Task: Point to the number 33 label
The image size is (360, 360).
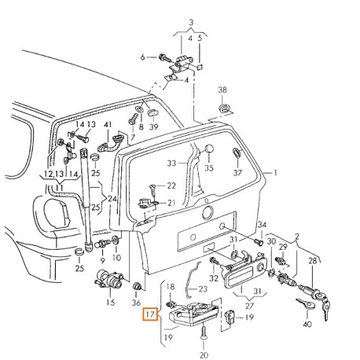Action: (172, 163)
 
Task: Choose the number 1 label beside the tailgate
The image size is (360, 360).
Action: (276, 171)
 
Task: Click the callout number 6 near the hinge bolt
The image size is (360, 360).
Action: (143, 57)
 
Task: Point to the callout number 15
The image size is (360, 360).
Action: (110, 302)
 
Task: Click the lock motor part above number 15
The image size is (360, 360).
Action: (108, 279)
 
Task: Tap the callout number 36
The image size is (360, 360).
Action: (137, 302)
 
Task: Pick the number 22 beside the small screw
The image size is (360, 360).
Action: (171, 186)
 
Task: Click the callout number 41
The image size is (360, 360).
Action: (108, 125)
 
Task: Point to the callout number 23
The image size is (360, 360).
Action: (201, 289)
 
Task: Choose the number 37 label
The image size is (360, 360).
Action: (238, 173)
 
